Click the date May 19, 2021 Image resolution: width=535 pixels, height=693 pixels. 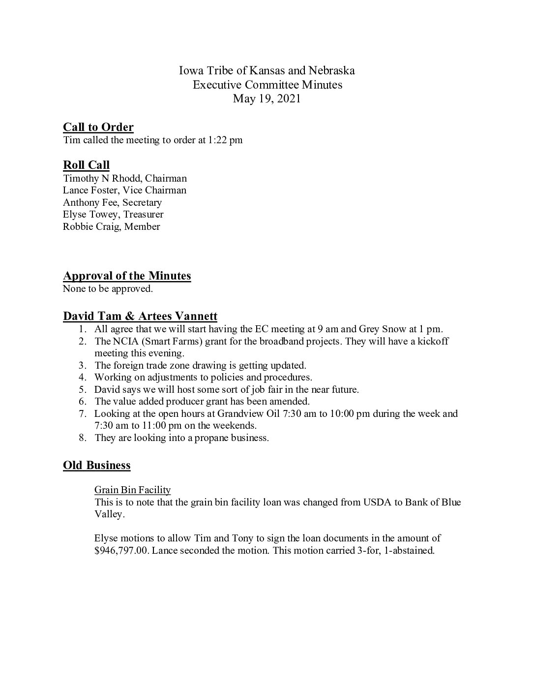pos(267,98)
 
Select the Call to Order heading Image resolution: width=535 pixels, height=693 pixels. pos(98,127)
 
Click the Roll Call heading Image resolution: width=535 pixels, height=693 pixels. pos(86,165)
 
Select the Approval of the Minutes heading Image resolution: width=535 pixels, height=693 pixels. pos(127,276)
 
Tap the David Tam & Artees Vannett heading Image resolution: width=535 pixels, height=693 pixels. pos(140,316)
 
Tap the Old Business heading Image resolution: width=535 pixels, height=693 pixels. pos(97,466)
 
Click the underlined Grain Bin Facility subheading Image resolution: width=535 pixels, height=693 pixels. pos(132,490)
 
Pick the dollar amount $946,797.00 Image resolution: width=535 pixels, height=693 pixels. pos(121,551)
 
